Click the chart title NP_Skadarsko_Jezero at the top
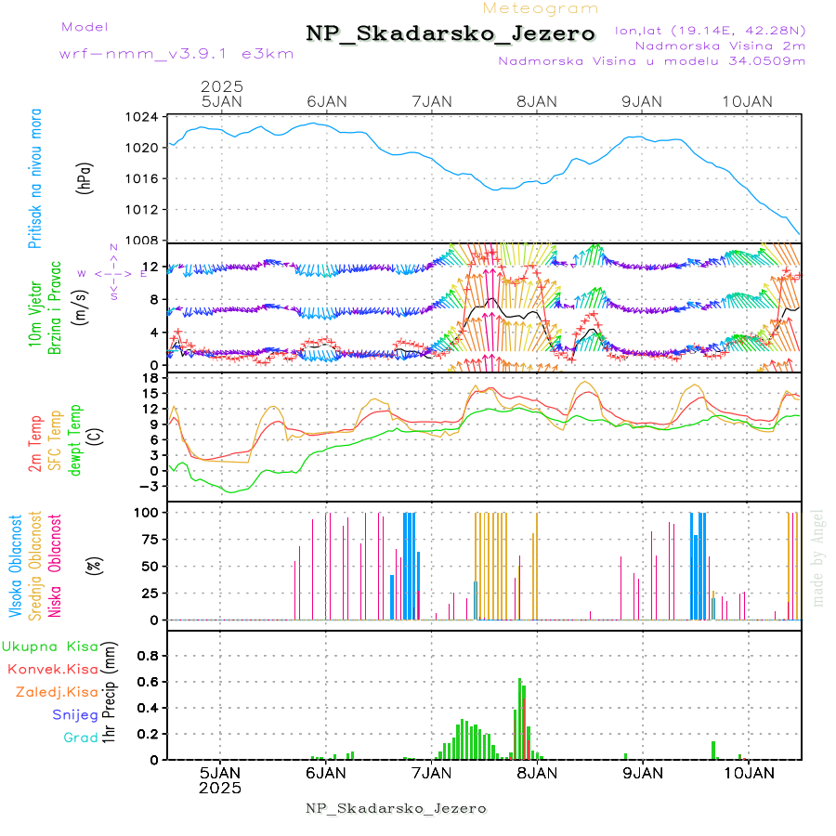pos(451,33)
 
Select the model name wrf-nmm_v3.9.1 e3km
pos(176,53)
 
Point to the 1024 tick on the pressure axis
pos(143,117)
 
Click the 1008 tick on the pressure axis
pos(143,240)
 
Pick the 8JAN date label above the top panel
pos(537,101)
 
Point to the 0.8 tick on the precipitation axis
pos(147,655)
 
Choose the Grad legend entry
pos(80,738)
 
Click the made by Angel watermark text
pos(818,557)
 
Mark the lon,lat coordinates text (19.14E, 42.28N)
pos(710,30)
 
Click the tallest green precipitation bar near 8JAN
pos(520,718)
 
